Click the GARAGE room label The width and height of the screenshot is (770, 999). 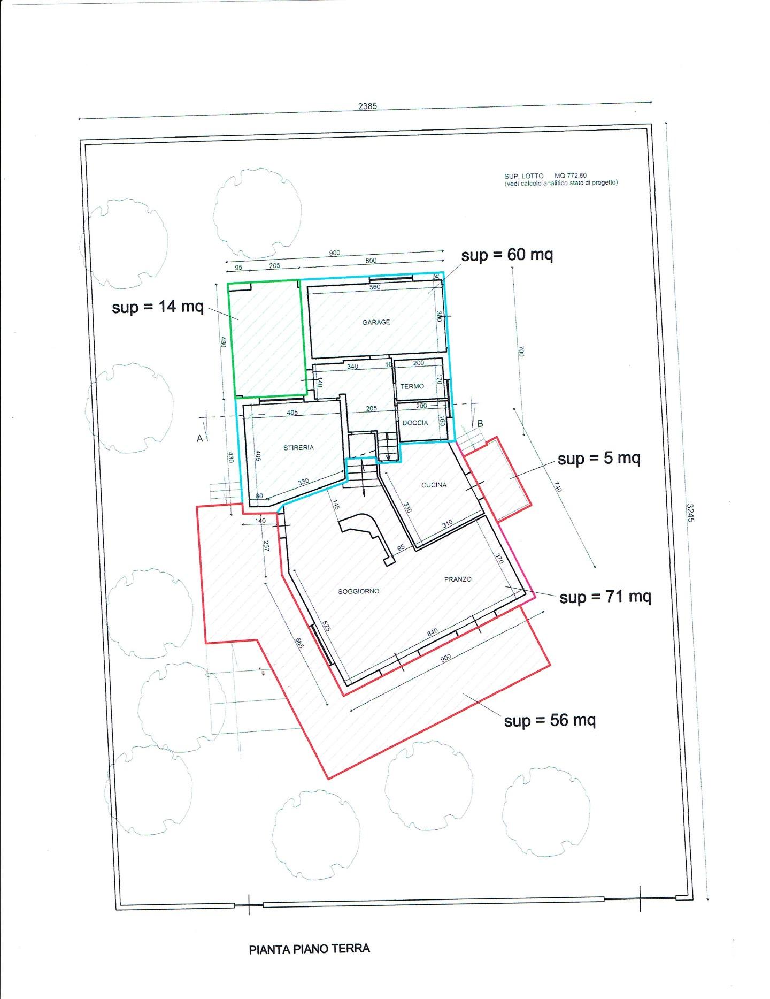point(376,322)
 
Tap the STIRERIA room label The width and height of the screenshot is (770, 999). point(298,447)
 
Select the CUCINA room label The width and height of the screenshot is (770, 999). point(434,485)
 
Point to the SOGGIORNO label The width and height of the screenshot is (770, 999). point(358,591)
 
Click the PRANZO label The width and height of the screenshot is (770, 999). point(458,579)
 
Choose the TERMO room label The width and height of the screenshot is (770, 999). point(412,386)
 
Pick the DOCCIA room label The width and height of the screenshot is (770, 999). point(415,423)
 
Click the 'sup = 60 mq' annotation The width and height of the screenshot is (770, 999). point(507,255)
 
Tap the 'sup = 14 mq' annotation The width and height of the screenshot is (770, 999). point(158,307)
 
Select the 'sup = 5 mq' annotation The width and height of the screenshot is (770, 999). point(599,459)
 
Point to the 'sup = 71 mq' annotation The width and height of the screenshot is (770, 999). point(605,597)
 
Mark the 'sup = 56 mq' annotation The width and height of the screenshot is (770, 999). point(550,720)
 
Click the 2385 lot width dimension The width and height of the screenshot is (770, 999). point(367,106)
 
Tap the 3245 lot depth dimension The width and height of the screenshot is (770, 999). point(690,512)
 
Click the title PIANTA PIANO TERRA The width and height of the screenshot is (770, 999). point(310,949)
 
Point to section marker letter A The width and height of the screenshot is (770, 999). point(200,439)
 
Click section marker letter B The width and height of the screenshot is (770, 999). point(480,424)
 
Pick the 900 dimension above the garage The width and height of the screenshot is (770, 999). point(334,253)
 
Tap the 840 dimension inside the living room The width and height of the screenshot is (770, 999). point(432,632)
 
